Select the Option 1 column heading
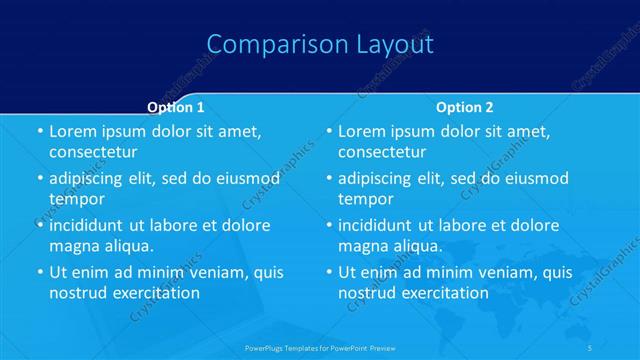pos(176,107)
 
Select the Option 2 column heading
pos(465,107)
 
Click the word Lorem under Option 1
pos(72,131)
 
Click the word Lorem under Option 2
pos(361,131)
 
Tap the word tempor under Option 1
pos(77,199)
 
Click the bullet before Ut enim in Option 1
pos(39,272)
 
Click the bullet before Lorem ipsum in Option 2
pos(328,131)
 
